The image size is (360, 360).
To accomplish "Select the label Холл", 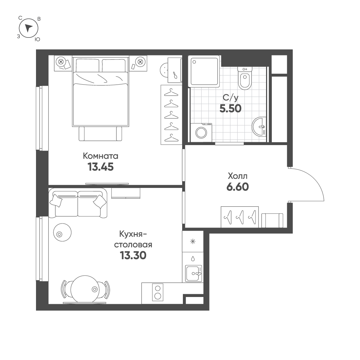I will [238, 176].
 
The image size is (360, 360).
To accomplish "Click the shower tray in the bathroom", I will [204, 71].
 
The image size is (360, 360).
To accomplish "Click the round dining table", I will [85, 289].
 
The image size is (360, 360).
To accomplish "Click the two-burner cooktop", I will [158, 292].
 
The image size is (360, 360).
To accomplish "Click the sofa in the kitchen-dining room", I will [78, 202].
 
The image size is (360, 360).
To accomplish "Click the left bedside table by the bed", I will [63, 63].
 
